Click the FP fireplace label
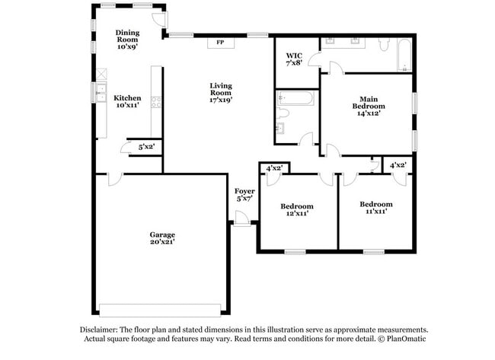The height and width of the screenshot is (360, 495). pyautogui.click(x=220, y=43)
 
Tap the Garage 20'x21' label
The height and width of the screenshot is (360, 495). pyautogui.click(x=162, y=238)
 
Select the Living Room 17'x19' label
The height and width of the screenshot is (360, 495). pyautogui.click(x=221, y=93)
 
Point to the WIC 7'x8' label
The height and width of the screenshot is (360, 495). pyautogui.click(x=294, y=59)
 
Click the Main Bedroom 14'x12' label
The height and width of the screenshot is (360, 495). pyautogui.click(x=369, y=107)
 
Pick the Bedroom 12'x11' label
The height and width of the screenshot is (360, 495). pyautogui.click(x=297, y=210)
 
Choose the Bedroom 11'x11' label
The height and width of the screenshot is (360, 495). pyautogui.click(x=376, y=208)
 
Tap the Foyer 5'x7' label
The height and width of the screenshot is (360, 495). pyautogui.click(x=244, y=195)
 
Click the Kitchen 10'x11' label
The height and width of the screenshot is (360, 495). pyautogui.click(x=127, y=101)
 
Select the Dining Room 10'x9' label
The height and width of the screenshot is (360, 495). pyautogui.click(x=127, y=40)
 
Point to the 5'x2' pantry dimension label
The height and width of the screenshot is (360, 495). pyautogui.click(x=146, y=147)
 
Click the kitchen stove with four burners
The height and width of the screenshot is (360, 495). pyautogui.click(x=156, y=102)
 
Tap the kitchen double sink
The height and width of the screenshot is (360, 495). pyautogui.click(x=101, y=93)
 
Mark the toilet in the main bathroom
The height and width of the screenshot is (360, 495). pyautogui.click(x=384, y=45)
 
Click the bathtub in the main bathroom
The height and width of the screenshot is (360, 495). pyautogui.click(x=404, y=55)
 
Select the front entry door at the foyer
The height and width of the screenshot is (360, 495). pyautogui.click(x=242, y=218)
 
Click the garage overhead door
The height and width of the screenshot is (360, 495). pyautogui.click(x=160, y=311)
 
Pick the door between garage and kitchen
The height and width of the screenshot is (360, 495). pyautogui.click(x=116, y=179)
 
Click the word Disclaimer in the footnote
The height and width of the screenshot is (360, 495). pyautogui.click(x=98, y=330)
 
